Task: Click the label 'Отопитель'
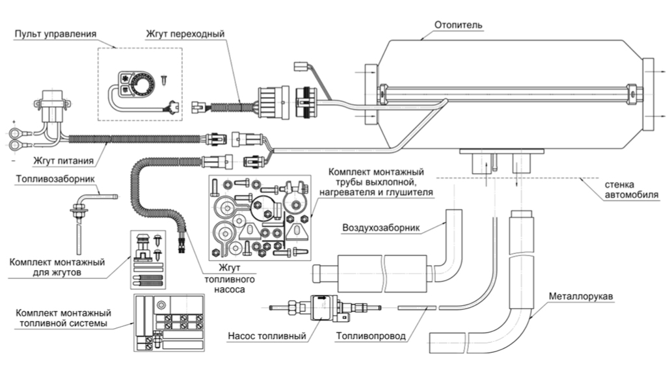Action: coord(459,25)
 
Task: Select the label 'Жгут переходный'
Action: coord(186,34)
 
